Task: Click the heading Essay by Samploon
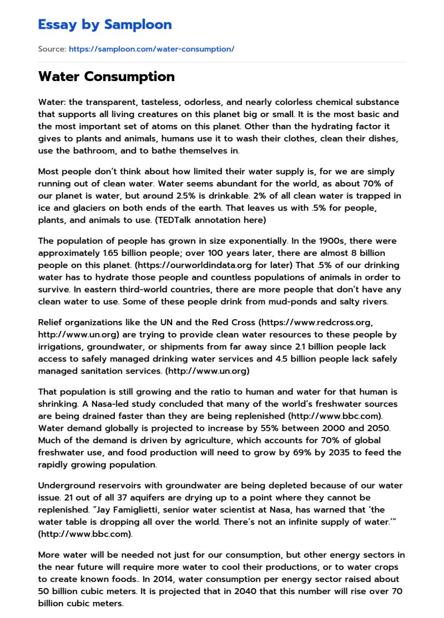105,25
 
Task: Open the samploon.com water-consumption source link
152,49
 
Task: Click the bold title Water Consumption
107,77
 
